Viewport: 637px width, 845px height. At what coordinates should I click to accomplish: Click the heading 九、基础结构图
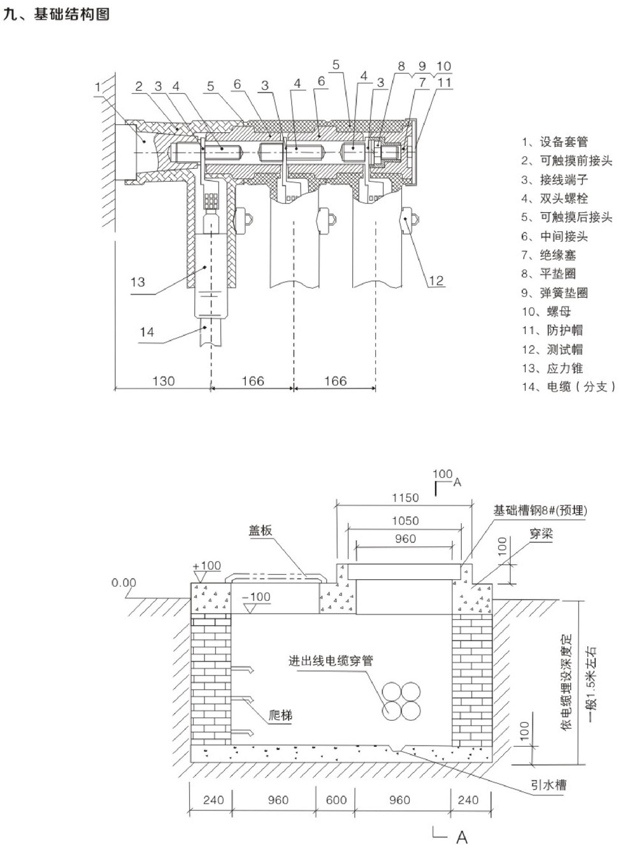56,14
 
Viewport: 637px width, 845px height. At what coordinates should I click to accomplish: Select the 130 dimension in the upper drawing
163,380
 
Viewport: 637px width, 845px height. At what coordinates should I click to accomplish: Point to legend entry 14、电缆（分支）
568,387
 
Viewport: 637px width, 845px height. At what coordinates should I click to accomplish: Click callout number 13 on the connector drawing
138,282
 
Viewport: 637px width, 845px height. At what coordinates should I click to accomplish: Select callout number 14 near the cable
147,331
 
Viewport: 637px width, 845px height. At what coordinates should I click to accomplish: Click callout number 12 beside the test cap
436,280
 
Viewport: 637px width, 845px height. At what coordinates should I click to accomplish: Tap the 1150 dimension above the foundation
405,498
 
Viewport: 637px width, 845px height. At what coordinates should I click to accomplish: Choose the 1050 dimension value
405,521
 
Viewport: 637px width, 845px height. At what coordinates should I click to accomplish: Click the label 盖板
260,530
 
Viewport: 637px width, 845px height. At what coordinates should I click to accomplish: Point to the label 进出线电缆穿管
331,661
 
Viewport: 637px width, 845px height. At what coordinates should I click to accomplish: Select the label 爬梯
280,715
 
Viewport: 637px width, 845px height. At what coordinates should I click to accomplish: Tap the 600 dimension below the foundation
336,800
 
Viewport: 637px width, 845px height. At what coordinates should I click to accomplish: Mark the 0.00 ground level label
124,582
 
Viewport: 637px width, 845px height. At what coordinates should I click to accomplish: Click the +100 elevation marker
206,565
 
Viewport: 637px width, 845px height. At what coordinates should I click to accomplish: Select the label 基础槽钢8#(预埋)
540,510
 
